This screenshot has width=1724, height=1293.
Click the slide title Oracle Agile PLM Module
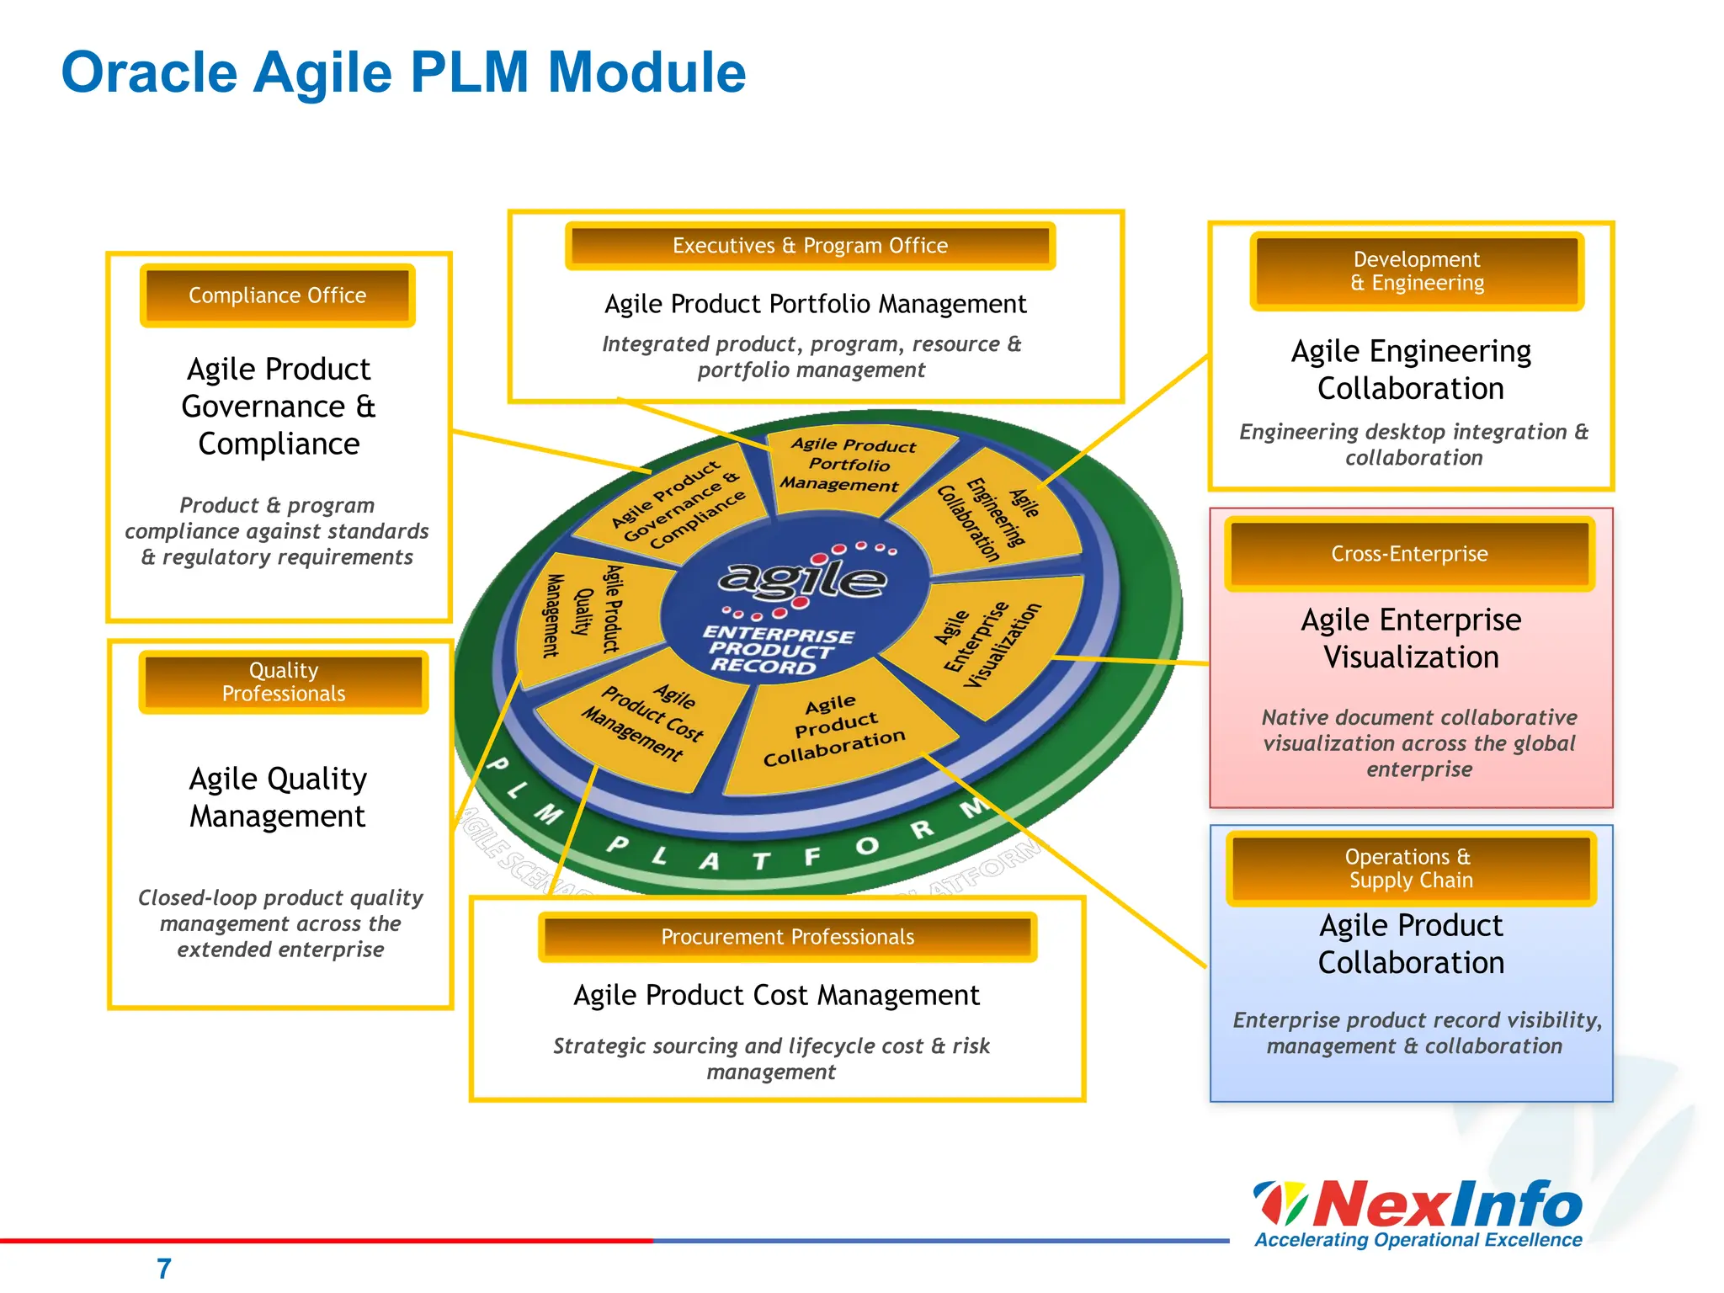pyautogui.click(x=403, y=72)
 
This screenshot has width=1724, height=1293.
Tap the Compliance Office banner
pyautogui.click(x=277, y=295)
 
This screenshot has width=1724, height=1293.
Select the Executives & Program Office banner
pyautogui.click(x=810, y=246)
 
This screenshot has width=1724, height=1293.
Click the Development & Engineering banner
pyautogui.click(x=1417, y=271)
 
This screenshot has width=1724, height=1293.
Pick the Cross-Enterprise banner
pyautogui.click(x=1409, y=554)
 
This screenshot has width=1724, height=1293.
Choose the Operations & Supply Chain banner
pyautogui.click(x=1410, y=868)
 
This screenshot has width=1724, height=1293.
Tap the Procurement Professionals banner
pyautogui.click(x=787, y=937)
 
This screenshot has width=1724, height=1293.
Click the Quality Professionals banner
pyautogui.click(x=284, y=682)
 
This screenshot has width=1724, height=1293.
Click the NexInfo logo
pyautogui.click(x=1419, y=1203)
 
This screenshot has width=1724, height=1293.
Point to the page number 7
pyautogui.click(x=164, y=1268)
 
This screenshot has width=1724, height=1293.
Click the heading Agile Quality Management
pyautogui.click(x=278, y=797)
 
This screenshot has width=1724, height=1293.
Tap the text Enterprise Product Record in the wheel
pyautogui.click(x=776, y=651)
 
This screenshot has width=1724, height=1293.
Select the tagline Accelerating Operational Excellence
pyautogui.click(x=1418, y=1240)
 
